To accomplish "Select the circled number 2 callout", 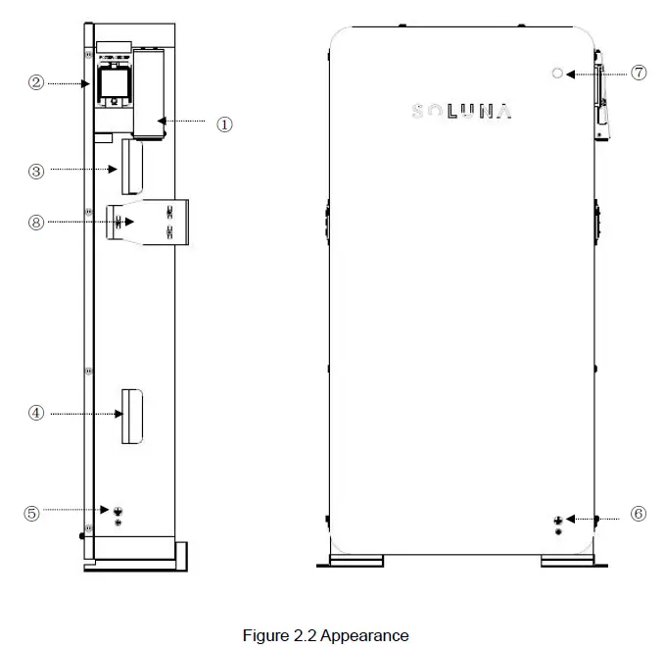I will [x=36, y=83].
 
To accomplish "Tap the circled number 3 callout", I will [x=36, y=170].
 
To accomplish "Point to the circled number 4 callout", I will [x=36, y=413].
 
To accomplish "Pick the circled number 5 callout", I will [x=32, y=512].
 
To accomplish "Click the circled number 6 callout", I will [x=639, y=514].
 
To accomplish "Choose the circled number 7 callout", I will [x=639, y=73].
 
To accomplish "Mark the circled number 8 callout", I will [x=36, y=222].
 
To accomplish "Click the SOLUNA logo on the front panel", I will [x=461, y=113].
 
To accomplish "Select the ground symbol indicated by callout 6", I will [x=558, y=520].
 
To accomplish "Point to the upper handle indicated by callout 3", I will [x=131, y=167].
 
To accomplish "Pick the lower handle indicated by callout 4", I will [x=131, y=416].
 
